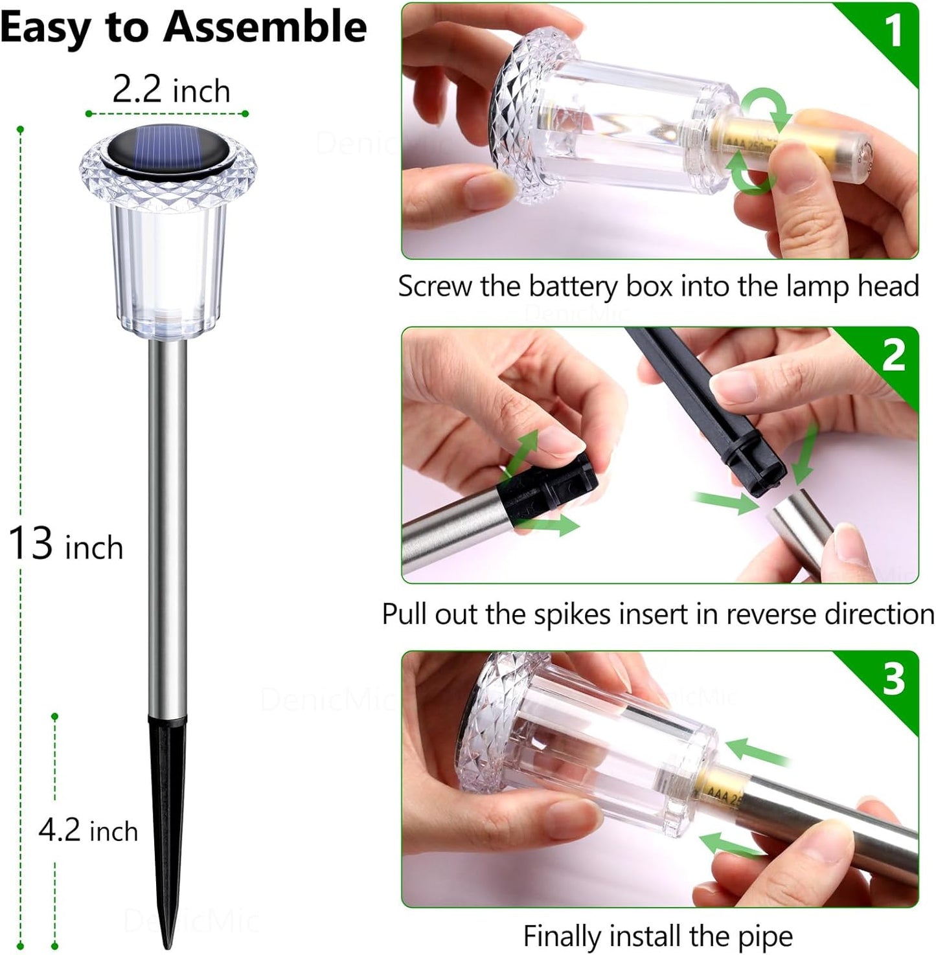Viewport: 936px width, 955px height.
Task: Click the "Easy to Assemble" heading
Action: (x=184, y=28)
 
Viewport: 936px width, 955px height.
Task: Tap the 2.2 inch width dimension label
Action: (x=171, y=90)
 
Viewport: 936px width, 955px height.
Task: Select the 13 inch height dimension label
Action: (x=65, y=545)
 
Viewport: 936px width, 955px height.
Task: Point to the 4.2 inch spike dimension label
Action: (x=88, y=831)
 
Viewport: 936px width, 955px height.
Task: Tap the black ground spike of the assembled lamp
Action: (x=167, y=809)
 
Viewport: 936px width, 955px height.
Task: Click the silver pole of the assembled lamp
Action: (x=168, y=518)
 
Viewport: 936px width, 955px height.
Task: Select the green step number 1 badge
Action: (x=893, y=30)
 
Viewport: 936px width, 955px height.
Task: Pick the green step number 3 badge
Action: (x=893, y=679)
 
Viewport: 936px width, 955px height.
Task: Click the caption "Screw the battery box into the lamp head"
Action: (x=658, y=286)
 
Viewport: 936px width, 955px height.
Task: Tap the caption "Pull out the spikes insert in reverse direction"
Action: (x=658, y=614)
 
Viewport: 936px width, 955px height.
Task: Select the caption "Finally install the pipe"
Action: (x=658, y=936)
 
